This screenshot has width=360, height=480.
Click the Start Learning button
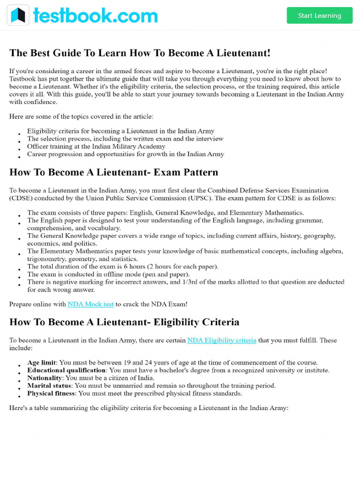pos(319,15)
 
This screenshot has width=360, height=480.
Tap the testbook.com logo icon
pos(18,15)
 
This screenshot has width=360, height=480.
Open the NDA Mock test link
pos(90,304)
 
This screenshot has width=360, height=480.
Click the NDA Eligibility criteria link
pos(222,340)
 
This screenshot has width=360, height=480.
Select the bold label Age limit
pos(42,362)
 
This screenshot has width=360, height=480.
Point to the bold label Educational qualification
pos(67,370)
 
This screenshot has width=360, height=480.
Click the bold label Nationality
pos(45,378)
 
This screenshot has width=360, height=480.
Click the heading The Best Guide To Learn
pos(140,53)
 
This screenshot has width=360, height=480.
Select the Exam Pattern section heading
pos(114,172)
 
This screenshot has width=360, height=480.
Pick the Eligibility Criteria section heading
pos(124,322)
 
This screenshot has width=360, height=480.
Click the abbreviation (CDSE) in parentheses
pos(21,198)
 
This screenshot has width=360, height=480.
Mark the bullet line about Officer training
pos(96,146)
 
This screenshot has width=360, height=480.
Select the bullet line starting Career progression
pos(125,154)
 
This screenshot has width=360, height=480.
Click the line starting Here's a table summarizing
pos(149,408)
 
